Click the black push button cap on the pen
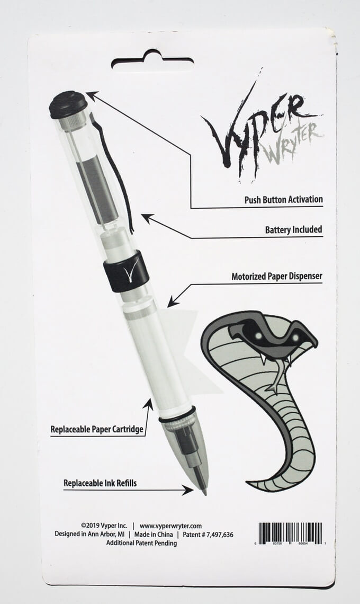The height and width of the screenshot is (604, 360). [x=68, y=104]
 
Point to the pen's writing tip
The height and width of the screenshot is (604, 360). [x=204, y=492]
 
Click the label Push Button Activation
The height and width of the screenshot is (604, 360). [x=283, y=200]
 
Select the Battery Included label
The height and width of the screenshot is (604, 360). [x=293, y=229]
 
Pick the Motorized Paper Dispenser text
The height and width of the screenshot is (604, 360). [x=277, y=276]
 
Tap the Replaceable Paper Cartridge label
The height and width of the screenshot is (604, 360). [x=97, y=429]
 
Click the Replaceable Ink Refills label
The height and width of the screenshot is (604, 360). [x=100, y=483]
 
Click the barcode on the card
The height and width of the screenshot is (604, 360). [x=290, y=533]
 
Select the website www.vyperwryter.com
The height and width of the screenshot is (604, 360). [x=170, y=526]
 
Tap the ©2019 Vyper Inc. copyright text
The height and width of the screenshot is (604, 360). [x=104, y=526]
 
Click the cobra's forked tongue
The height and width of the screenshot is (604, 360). [x=280, y=376]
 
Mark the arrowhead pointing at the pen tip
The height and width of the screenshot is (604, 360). [x=188, y=490]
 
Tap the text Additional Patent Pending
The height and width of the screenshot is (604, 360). [x=141, y=543]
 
